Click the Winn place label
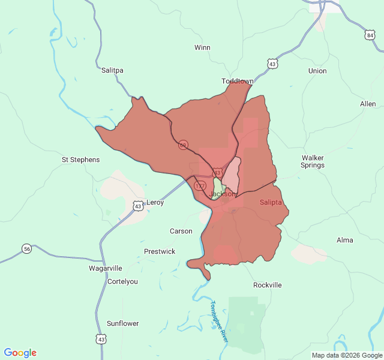click(x=202, y=47)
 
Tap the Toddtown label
click(x=238, y=81)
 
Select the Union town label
click(x=317, y=71)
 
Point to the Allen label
click(x=368, y=104)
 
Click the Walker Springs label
click(x=313, y=161)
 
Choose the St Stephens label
click(x=81, y=160)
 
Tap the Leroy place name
click(x=155, y=203)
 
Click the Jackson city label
click(x=223, y=194)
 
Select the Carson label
click(x=181, y=231)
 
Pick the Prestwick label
click(x=160, y=251)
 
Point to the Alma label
click(x=345, y=240)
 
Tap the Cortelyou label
click(x=122, y=281)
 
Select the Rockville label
click(x=268, y=285)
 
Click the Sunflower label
click(x=123, y=323)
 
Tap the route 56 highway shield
click(x=27, y=248)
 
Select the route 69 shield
click(x=183, y=145)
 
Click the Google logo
click(x=20, y=353)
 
